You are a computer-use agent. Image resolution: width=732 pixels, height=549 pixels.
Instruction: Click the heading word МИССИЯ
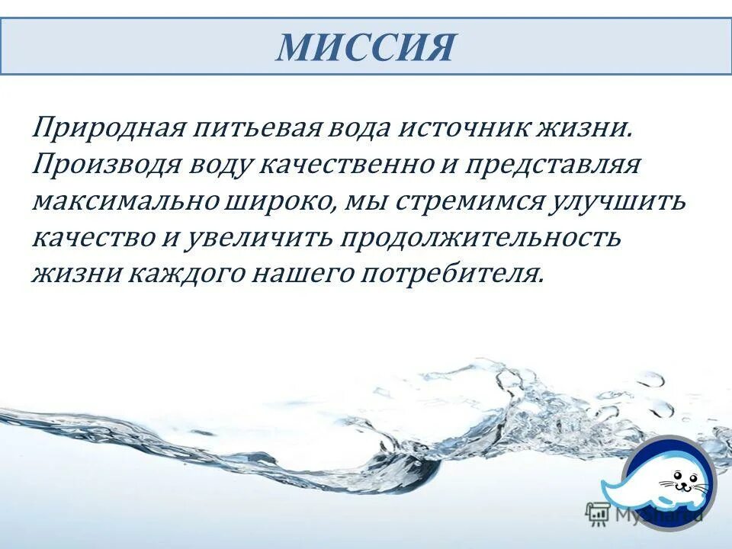(365, 47)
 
